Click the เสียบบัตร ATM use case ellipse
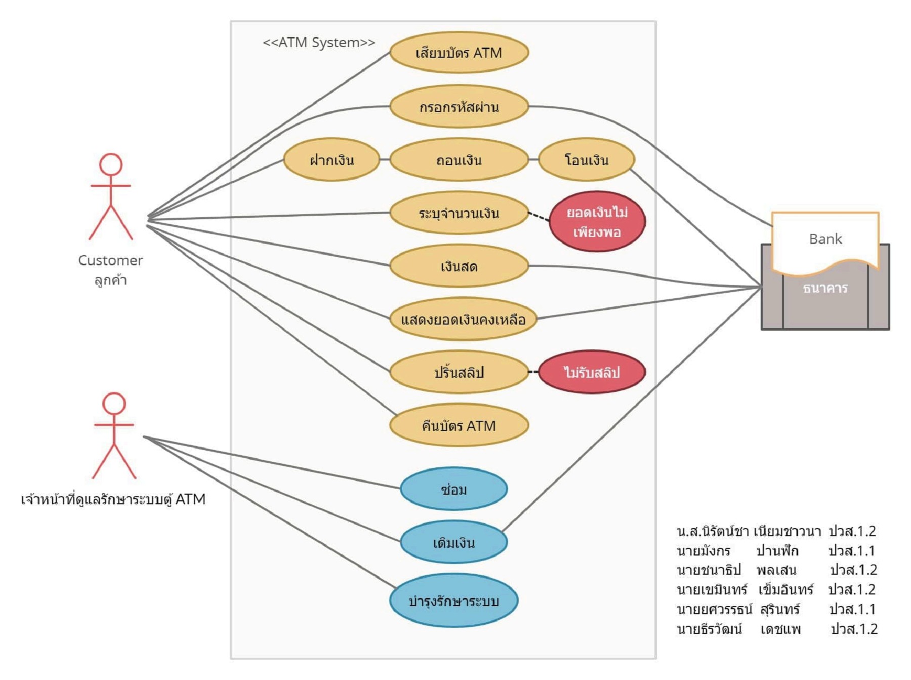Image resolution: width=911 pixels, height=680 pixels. [459, 53]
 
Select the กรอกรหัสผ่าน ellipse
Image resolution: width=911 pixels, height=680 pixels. [459, 107]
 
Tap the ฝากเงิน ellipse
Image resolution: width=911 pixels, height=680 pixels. [332, 160]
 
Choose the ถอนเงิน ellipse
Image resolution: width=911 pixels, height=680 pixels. [459, 160]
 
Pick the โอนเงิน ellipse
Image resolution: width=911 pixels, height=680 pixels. [586, 160]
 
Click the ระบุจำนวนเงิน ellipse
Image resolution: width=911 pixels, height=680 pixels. [459, 213]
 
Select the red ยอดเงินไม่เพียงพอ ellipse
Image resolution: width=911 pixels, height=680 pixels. [597, 222]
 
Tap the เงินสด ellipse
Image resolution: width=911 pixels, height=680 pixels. [459, 266]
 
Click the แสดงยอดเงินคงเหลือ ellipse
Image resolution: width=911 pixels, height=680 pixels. [463, 319]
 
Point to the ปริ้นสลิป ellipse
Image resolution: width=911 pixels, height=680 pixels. [459, 373]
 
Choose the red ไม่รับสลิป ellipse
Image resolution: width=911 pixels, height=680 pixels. [592, 372]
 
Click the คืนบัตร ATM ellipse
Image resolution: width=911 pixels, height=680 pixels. [459, 425]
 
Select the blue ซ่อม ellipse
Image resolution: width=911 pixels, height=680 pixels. [453, 489]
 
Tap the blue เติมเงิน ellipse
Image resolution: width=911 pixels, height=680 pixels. [453, 542]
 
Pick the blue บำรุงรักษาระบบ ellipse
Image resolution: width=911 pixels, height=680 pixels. [453, 601]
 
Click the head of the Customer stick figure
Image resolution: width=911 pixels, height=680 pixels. [110, 165]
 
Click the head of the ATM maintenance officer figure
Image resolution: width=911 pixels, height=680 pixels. [114, 404]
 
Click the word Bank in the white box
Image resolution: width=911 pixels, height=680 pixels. [825, 239]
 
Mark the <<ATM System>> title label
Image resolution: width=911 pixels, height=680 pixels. [319, 43]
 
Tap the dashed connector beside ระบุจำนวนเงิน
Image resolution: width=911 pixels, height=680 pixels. [539, 217]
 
